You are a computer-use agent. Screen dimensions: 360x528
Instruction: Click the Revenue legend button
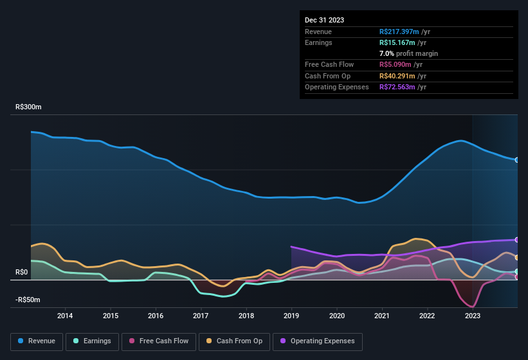point(37,341)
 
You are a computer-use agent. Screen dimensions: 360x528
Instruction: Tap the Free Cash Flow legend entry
point(159,341)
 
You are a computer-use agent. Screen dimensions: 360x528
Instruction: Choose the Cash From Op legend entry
point(235,341)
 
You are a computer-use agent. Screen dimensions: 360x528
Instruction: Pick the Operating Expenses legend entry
point(318,341)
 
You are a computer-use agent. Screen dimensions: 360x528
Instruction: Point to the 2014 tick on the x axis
point(65,316)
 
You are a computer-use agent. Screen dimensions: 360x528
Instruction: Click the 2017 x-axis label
point(201,316)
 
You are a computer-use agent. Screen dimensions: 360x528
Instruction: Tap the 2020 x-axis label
point(336,316)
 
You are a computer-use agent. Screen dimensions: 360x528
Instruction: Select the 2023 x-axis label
point(473,316)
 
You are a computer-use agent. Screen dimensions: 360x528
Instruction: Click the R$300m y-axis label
point(29,107)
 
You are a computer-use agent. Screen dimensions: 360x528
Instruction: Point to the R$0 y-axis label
point(23,273)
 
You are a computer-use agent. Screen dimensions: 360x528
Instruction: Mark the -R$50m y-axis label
point(28,300)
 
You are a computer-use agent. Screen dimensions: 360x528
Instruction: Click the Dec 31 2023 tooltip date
point(324,20)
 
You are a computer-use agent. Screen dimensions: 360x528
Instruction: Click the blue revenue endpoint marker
point(517,159)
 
